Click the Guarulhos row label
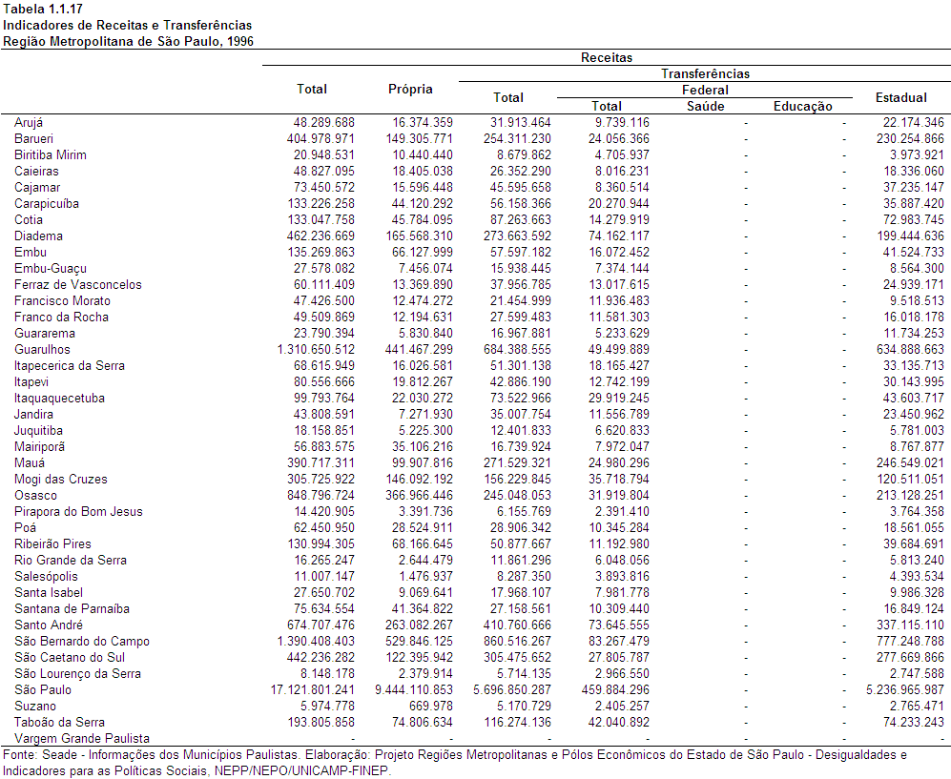tap(43, 350)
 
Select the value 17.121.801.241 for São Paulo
tap(312, 690)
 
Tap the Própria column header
tap(410, 89)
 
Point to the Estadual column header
tap(900, 97)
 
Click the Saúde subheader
tap(705, 106)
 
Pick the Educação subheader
tap(802, 106)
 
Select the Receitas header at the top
tap(607, 57)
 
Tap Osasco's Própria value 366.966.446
tap(419, 495)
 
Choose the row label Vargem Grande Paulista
tap(82, 738)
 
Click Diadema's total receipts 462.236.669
tap(320, 236)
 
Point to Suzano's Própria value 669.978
tap(430, 707)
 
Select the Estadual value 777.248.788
tap(910, 642)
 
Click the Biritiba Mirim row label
tap(51, 155)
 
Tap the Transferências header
tap(705, 74)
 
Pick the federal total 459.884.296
tap(615, 690)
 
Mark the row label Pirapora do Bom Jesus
tap(78, 512)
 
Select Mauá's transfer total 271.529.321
tap(517, 463)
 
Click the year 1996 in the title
tap(240, 42)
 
